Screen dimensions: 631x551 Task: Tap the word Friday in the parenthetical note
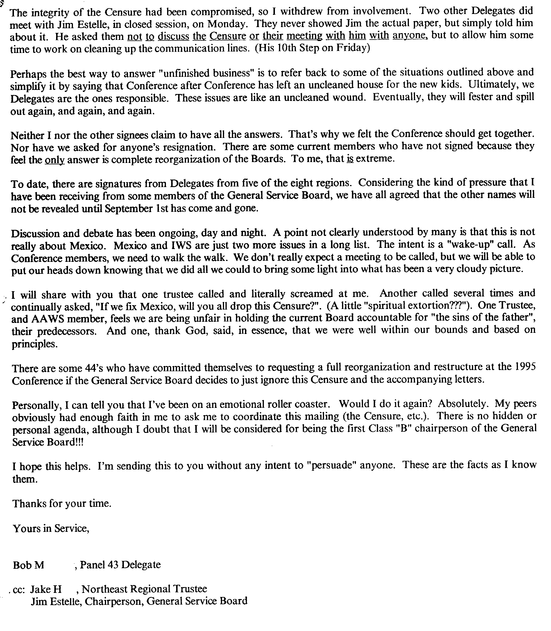pos(352,48)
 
